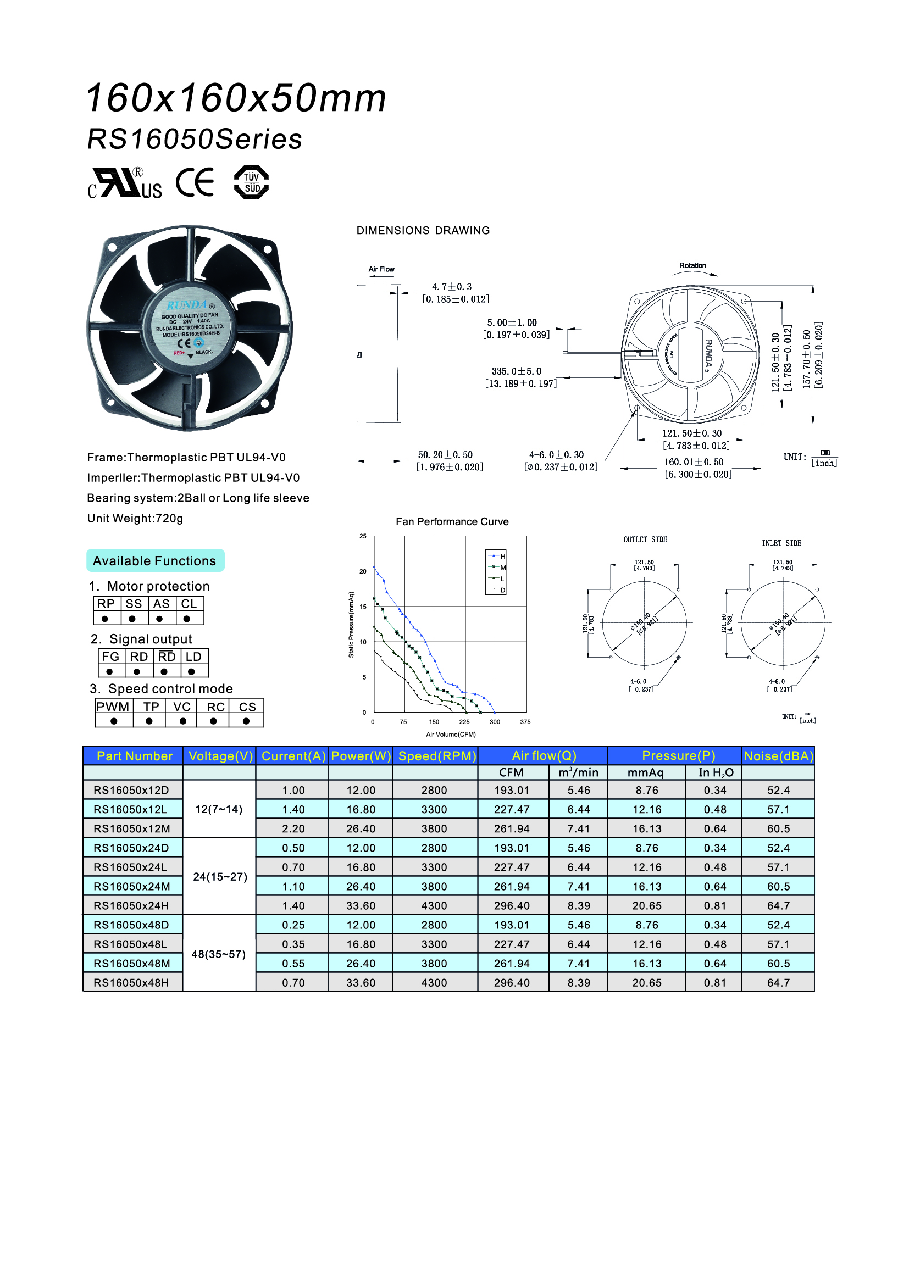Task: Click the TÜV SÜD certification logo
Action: coord(251,182)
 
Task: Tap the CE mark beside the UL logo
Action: coord(195,182)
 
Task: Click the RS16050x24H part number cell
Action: coord(132,905)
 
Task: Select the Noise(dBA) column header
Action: coord(778,756)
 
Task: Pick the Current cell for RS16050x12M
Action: coord(293,829)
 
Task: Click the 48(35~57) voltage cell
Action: coord(219,954)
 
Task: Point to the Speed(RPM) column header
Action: coord(436,756)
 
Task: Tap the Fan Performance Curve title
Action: coord(452,521)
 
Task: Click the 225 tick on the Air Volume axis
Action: coord(464,722)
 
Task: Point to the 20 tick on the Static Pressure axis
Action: coord(363,571)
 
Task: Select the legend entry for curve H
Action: coord(496,556)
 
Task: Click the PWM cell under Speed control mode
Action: coord(113,707)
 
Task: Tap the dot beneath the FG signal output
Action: coord(110,671)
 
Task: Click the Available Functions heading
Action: coord(154,561)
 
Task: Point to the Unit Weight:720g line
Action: coord(135,518)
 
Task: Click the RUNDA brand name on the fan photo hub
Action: coord(187,305)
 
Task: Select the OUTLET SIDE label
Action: coord(645,539)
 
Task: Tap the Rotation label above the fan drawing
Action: coord(692,265)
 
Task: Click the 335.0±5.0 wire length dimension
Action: coord(517,371)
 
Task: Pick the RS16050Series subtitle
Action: coord(195,139)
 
